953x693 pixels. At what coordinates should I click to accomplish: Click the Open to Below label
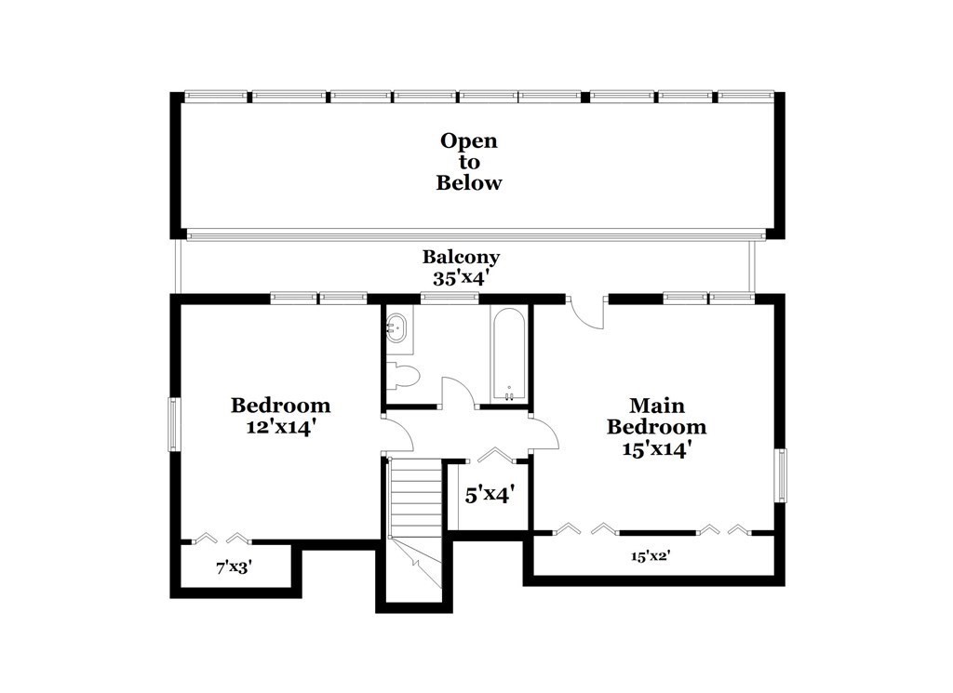click(x=469, y=162)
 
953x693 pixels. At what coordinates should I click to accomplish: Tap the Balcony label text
click(x=462, y=257)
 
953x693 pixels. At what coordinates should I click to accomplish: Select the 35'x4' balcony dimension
click(x=462, y=278)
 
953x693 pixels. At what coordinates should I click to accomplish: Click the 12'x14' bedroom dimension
click(x=280, y=427)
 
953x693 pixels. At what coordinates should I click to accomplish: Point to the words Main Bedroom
click(x=656, y=416)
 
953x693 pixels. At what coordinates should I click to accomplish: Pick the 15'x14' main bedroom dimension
click(x=657, y=449)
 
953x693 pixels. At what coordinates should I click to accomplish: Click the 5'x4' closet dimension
click(x=490, y=495)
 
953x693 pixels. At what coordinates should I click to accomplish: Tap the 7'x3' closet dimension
click(x=234, y=567)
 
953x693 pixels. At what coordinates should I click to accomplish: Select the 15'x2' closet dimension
click(x=651, y=555)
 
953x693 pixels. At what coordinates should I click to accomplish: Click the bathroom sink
click(x=398, y=329)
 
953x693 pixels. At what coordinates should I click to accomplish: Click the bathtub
click(x=509, y=355)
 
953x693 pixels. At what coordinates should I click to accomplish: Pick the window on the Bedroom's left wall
click(x=174, y=424)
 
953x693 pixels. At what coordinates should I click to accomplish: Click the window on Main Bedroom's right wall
click(x=780, y=475)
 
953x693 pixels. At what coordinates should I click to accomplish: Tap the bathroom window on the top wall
click(x=450, y=298)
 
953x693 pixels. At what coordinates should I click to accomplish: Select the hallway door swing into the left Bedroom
click(x=398, y=434)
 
